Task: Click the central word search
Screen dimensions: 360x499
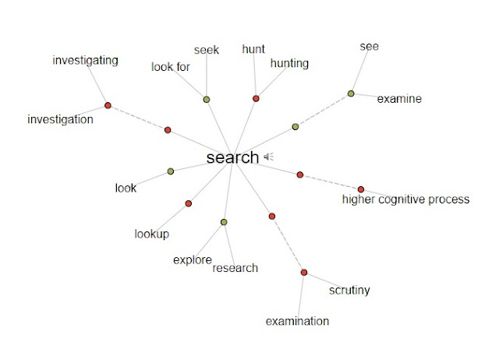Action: click(232, 157)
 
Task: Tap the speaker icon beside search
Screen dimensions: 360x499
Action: click(268, 157)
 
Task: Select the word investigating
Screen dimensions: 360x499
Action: click(85, 60)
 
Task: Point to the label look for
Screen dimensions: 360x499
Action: click(171, 67)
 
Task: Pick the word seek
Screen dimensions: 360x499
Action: click(207, 51)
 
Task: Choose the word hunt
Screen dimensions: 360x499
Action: click(253, 49)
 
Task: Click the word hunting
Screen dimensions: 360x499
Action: click(290, 63)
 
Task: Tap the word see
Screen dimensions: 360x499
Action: click(370, 46)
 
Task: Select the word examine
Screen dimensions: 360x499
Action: click(399, 99)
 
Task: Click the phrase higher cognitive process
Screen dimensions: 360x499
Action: click(405, 199)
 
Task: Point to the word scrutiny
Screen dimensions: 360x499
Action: click(349, 291)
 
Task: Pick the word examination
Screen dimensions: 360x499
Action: click(297, 321)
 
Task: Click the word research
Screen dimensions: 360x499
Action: click(235, 268)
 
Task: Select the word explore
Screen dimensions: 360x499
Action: click(193, 259)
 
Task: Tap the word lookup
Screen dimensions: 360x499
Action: click(151, 234)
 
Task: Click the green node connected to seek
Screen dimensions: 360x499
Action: click(207, 99)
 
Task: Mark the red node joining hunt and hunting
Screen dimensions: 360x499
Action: click(256, 98)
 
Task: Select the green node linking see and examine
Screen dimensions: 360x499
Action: click(351, 94)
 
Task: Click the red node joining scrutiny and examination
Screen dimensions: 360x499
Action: click(304, 272)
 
